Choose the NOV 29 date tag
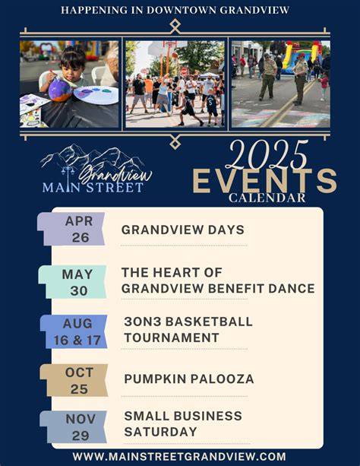coord(74,427)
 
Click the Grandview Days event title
coord(183,230)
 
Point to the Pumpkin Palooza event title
coord(189,379)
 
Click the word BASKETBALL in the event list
coord(209,322)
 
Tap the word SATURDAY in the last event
coord(161,432)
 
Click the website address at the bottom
coord(179,456)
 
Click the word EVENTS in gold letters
coord(264,181)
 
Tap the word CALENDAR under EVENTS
coord(267,198)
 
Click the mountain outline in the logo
coord(92,156)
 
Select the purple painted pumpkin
coord(60,90)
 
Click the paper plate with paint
coord(96,95)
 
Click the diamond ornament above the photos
coord(175,27)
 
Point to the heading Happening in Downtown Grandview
coord(175,10)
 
